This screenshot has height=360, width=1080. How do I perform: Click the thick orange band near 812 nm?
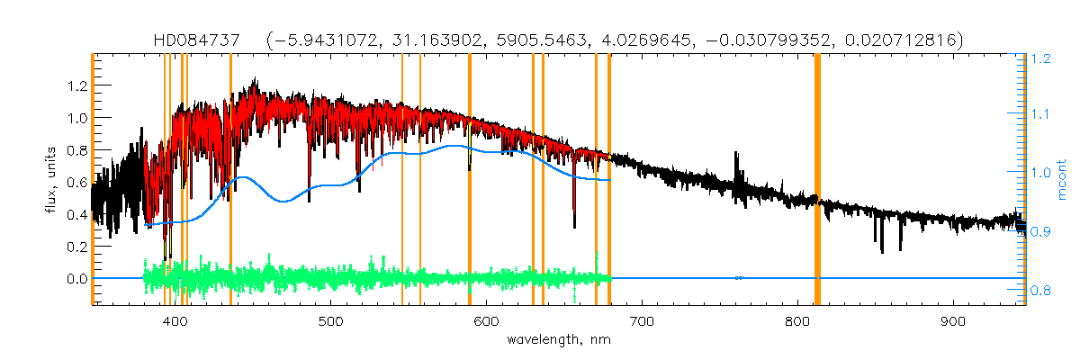(x=817, y=180)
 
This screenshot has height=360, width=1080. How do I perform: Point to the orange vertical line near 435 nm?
(x=230, y=180)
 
